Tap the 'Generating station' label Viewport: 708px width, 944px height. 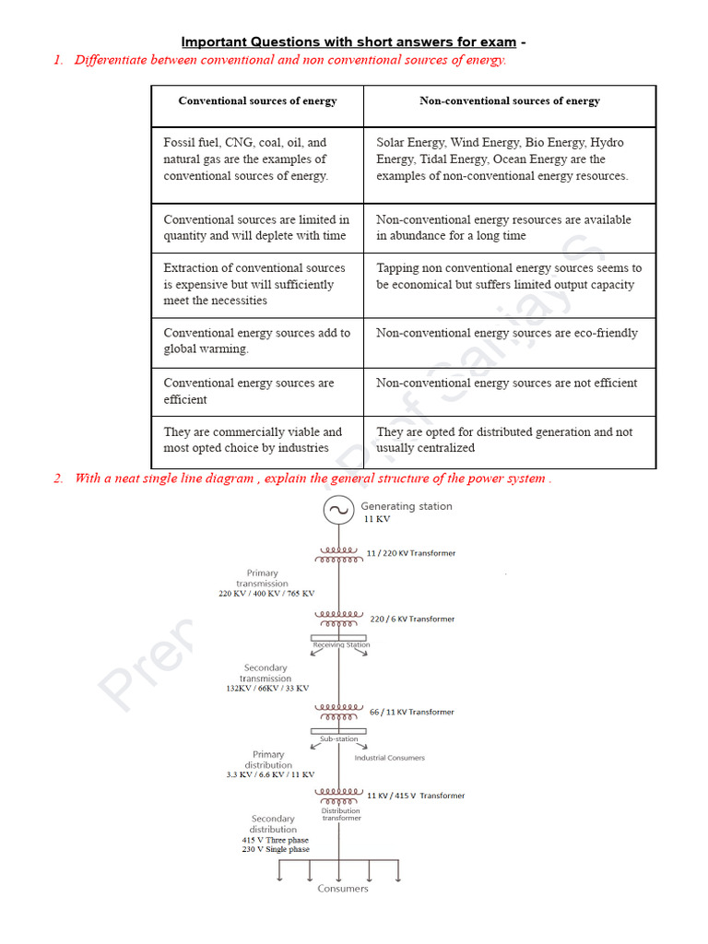click(406, 506)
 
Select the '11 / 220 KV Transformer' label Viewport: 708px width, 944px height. click(410, 553)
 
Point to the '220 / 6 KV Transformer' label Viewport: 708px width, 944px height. click(412, 619)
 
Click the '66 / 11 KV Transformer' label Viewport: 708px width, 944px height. click(411, 712)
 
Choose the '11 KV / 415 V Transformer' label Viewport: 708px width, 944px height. click(416, 796)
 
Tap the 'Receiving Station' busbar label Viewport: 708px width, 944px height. click(339, 645)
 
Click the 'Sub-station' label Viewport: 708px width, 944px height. click(339, 738)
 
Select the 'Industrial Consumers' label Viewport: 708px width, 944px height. click(390, 758)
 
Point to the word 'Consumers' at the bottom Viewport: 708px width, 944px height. click(343, 889)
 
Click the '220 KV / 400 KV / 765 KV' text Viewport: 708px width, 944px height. click(266, 594)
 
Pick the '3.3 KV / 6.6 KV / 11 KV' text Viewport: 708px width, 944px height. click(270, 775)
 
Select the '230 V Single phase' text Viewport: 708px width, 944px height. click(276, 850)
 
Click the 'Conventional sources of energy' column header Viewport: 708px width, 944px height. click(257, 101)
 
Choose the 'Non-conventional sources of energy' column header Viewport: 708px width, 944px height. click(509, 101)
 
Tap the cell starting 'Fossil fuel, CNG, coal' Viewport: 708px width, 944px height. click(257, 159)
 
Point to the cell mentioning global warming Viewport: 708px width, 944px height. click(257, 341)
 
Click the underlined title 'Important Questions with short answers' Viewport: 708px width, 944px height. click(349, 41)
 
